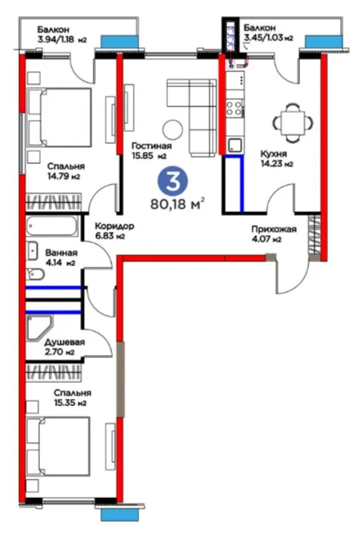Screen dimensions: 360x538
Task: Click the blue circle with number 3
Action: tap(173, 181)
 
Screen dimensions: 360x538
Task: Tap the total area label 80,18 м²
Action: tap(178, 204)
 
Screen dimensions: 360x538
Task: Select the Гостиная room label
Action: tap(151, 146)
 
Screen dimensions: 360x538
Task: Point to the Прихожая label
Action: tap(274, 229)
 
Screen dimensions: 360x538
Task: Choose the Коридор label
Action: tap(114, 226)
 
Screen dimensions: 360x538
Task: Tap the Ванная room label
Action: tap(62, 253)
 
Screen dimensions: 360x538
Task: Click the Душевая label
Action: tap(65, 342)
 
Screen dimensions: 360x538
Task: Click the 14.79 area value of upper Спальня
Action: tap(59, 177)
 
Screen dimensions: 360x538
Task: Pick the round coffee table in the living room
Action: tap(173, 130)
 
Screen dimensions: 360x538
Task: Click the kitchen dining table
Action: tap(293, 123)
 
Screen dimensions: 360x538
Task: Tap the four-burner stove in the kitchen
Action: tap(235, 108)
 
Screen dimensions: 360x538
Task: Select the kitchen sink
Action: tap(234, 145)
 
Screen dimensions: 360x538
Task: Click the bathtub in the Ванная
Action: tap(52, 225)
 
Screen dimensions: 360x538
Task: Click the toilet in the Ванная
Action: tap(35, 274)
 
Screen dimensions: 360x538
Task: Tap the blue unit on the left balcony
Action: tap(119, 42)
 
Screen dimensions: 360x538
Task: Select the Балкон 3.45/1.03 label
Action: tap(268, 33)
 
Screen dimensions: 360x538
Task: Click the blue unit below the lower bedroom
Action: tap(119, 515)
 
